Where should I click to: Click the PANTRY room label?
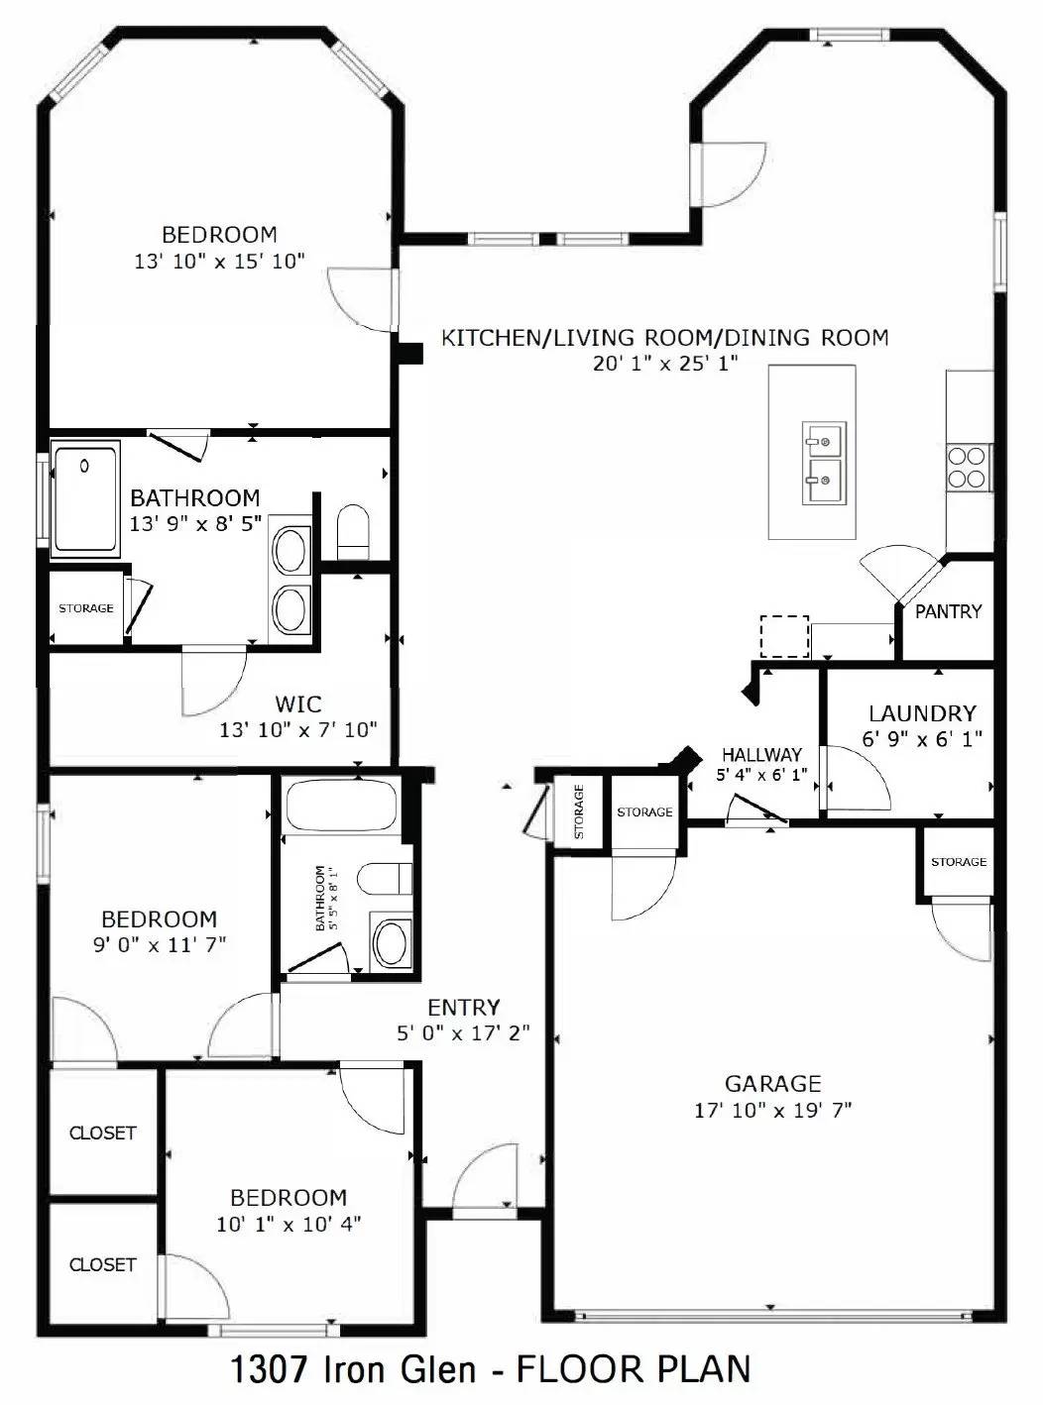[948, 611]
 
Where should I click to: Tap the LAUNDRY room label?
[922, 713]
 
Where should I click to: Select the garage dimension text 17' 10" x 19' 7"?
[773, 1110]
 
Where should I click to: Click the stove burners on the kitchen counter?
[969, 468]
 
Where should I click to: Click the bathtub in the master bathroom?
[85, 498]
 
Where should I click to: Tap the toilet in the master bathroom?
[353, 532]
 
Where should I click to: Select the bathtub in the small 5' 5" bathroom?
[341, 805]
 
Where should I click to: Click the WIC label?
[298, 704]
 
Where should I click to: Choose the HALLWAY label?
[761, 755]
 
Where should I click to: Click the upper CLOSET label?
[102, 1133]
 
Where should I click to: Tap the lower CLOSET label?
[102, 1264]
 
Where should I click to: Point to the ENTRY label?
[463, 1008]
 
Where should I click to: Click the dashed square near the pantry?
[784, 636]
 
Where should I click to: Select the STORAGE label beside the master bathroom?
[86, 608]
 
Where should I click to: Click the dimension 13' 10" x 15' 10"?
[219, 261]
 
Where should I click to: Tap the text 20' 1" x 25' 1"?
[666, 363]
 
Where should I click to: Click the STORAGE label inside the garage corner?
[959, 862]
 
